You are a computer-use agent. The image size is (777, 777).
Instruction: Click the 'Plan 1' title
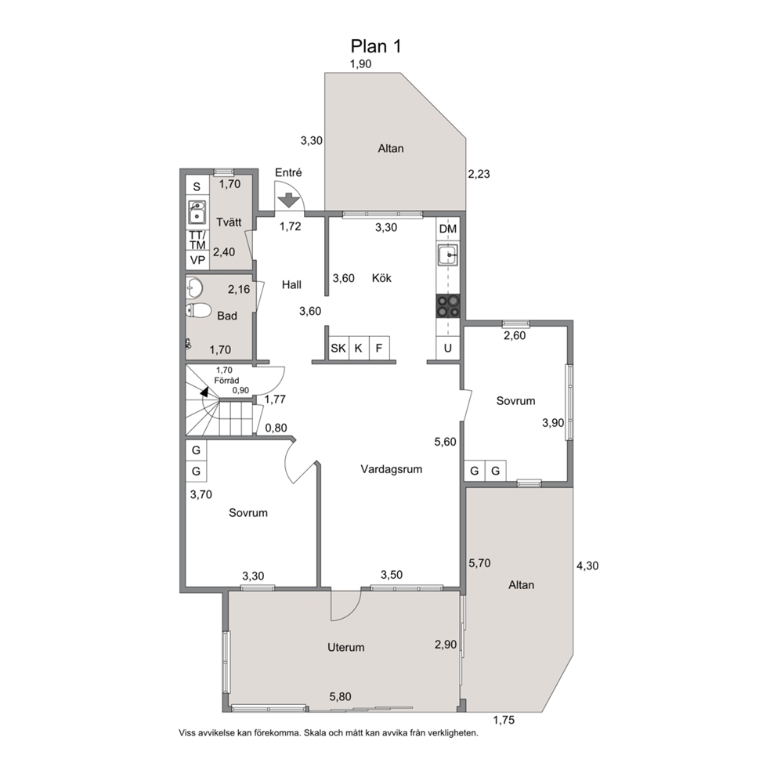pyautogui.click(x=376, y=46)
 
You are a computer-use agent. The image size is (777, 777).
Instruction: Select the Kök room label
pyautogui.click(x=381, y=278)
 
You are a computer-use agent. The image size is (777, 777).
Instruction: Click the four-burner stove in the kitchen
pyautogui.click(x=448, y=305)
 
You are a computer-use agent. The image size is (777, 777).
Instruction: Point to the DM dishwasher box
pyautogui.click(x=448, y=229)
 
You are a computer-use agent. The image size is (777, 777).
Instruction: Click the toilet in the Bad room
pyautogui.click(x=199, y=311)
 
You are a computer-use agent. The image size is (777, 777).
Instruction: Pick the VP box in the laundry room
pyautogui.click(x=197, y=260)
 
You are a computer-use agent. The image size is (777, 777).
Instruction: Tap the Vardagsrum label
pyautogui.click(x=392, y=468)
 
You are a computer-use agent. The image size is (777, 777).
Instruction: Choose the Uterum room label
pyautogui.click(x=346, y=647)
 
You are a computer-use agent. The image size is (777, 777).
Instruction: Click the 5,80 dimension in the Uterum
pyautogui.click(x=341, y=696)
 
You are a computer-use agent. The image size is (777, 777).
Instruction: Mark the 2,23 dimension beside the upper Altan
pyautogui.click(x=479, y=174)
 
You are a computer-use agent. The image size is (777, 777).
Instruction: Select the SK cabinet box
pyautogui.click(x=338, y=348)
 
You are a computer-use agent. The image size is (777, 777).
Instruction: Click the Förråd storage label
pyautogui.click(x=226, y=381)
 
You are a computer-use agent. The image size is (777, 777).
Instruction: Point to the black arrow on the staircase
pyautogui.click(x=204, y=392)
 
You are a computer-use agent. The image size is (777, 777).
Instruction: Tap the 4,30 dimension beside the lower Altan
pyautogui.click(x=587, y=566)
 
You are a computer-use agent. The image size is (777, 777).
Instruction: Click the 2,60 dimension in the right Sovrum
pyautogui.click(x=515, y=335)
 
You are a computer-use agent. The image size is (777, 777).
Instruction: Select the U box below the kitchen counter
pyautogui.click(x=448, y=348)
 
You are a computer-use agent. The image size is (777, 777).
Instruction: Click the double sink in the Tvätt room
pyautogui.click(x=197, y=212)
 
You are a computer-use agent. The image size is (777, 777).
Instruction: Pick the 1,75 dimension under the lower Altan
pyautogui.click(x=504, y=720)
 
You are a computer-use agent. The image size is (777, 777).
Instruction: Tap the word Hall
pyautogui.click(x=292, y=284)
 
